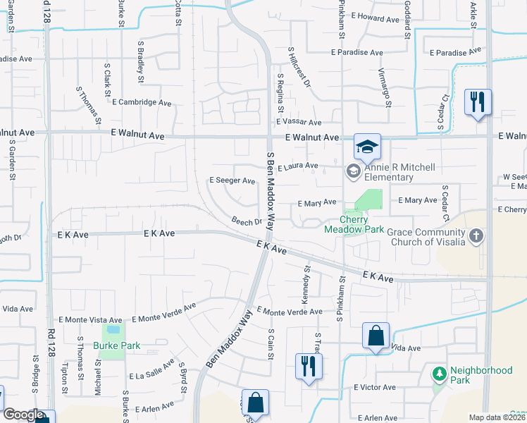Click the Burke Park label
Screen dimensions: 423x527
(x=116, y=345)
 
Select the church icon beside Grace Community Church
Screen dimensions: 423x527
(x=477, y=236)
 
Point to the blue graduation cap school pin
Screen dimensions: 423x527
(x=367, y=147)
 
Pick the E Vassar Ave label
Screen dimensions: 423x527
(x=298, y=123)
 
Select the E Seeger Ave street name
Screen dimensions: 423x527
(x=232, y=180)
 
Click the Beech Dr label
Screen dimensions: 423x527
(x=247, y=221)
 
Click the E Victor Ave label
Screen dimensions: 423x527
(x=376, y=387)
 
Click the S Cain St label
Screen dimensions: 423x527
(x=271, y=343)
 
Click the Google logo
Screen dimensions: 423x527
(x=23, y=415)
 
